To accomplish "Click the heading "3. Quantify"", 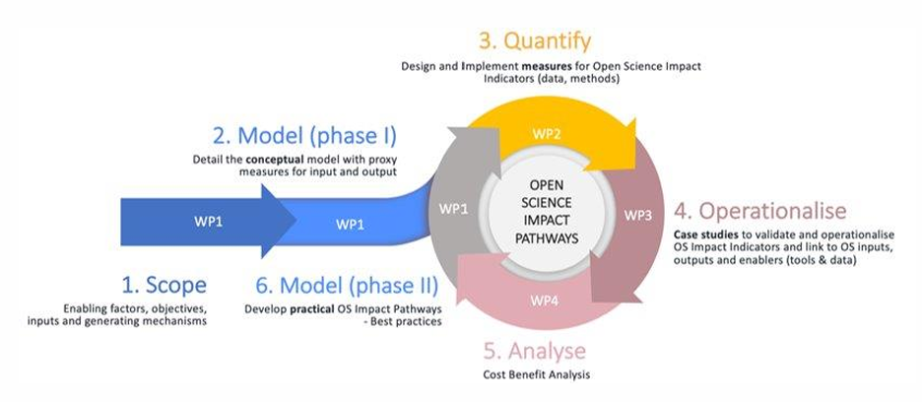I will (536, 41).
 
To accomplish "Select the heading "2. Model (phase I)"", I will (303, 135).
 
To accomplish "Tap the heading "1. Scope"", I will (164, 286).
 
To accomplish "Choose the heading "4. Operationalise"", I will (760, 211).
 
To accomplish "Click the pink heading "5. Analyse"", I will (535, 352).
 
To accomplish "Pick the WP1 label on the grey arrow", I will (453, 209).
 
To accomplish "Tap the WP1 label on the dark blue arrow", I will (207, 222).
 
